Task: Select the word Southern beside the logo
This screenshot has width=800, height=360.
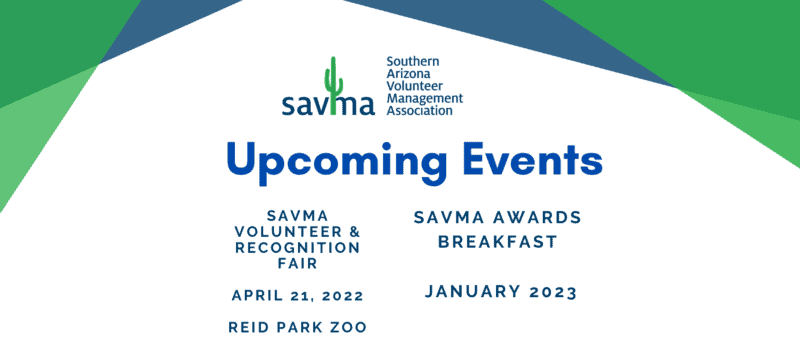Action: point(411,62)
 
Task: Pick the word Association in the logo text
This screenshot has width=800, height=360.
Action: point(419,110)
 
